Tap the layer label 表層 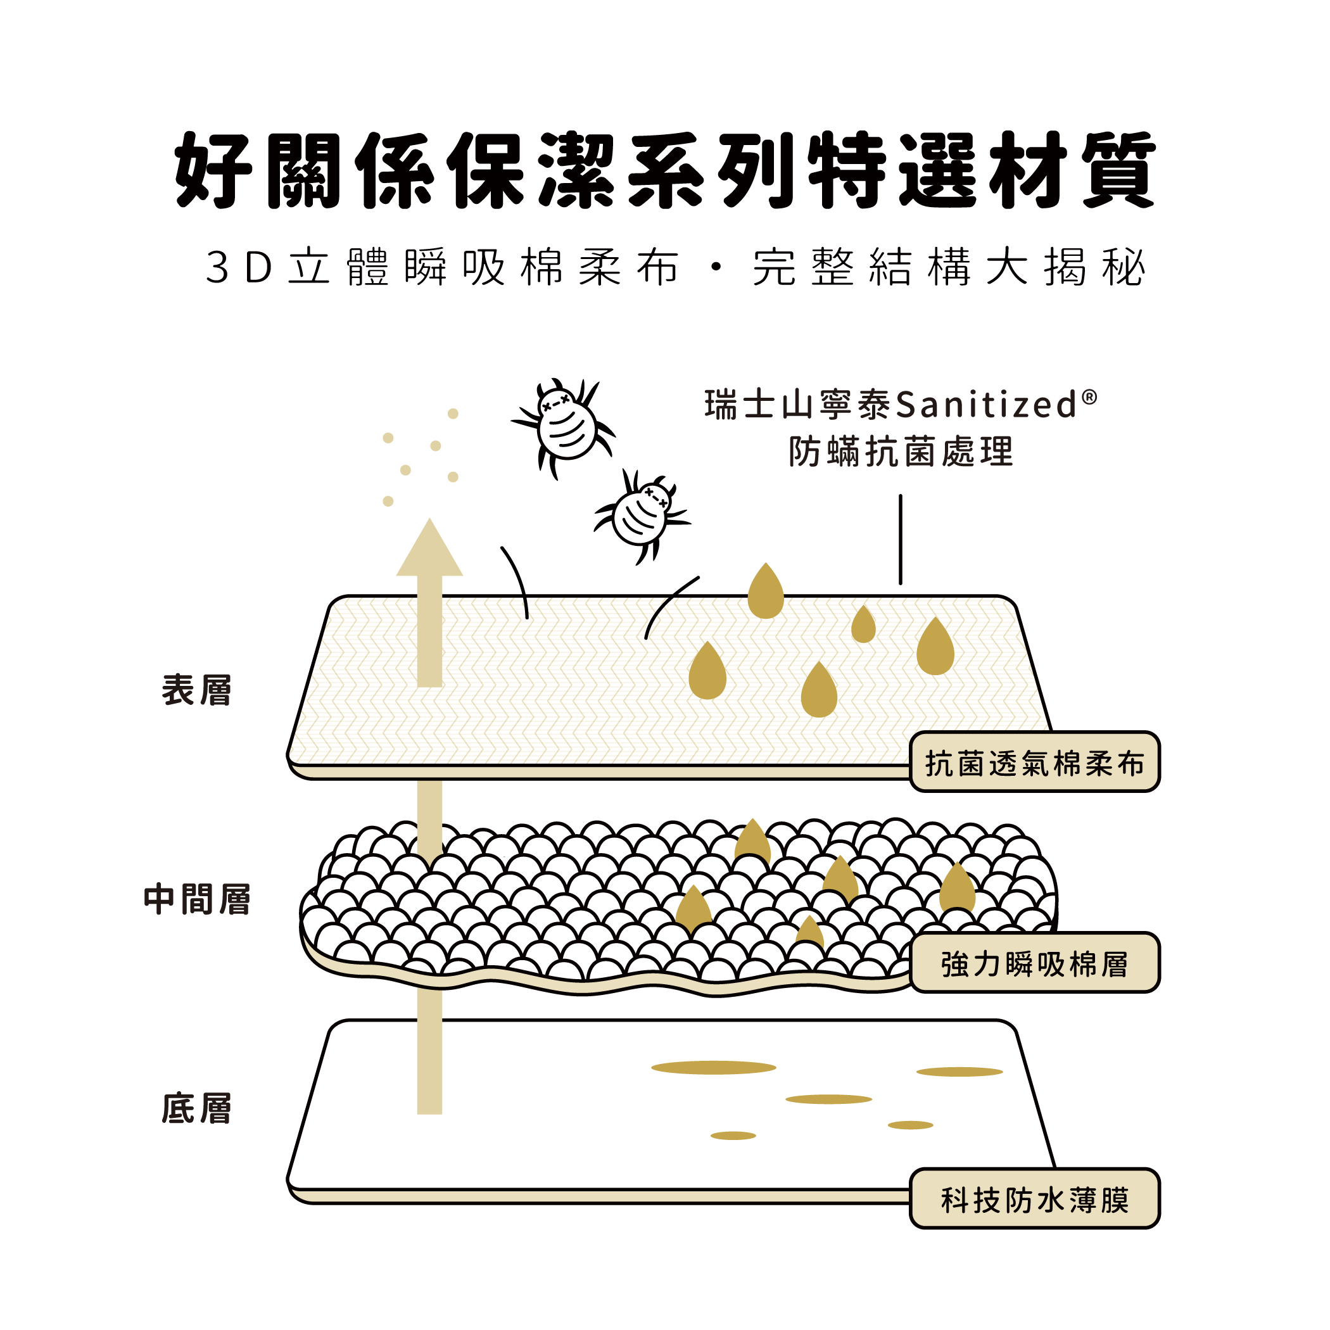pyautogui.click(x=197, y=690)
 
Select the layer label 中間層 pyautogui.click(x=197, y=899)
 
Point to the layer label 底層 pyautogui.click(x=197, y=1108)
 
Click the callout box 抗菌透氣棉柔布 pyautogui.click(x=1034, y=763)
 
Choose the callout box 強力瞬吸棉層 pyautogui.click(x=1034, y=964)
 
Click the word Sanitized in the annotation pyautogui.click(x=986, y=405)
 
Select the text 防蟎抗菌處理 pyautogui.click(x=901, y=452)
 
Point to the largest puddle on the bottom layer pyautogui.click(x=713, y=1068)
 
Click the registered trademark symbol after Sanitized pyautogui.click(x=1089, y=396)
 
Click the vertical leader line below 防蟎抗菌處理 pyautogui.click(x=900, y=539)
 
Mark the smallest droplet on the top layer pyautogui.click(x=863, y=625)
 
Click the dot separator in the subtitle pyautogui.click(x=716, y=267)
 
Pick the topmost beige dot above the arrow pyautogui.click(x=453, y=414)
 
